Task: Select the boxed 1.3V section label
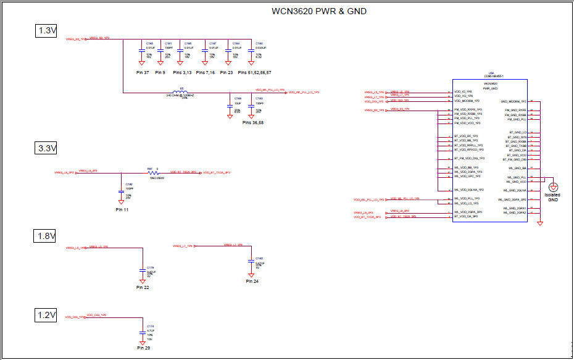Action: pyautogui.click(x=46, y=31)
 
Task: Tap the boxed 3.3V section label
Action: pyautogui.click(x=46, y=148)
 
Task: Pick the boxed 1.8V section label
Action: pyautogui.click(x=46, y=236)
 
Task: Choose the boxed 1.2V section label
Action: pyautogui.click(x=46, y=316)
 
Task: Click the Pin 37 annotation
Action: pyautogui.click(x=143, y=73)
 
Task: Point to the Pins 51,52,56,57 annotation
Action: pyautogui.click(x=255, y=73)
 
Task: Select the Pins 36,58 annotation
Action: pyautogui.click(x=253, y=123)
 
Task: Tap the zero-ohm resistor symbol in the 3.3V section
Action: pyautogui.click(x=152, y=173)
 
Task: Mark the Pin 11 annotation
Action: pyautogui.click(x=123, y=210)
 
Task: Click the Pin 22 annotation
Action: pyautogui.click(x=143, y=287)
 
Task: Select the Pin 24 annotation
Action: pyautogui.click(x=252, y=281)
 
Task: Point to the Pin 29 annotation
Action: pyautogui.click(x=143, y=348)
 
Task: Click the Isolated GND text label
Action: pyautogui.click(x=553, y=198)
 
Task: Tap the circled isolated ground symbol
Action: pyautogui.click(x=554, y=187)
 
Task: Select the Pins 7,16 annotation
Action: pyautogui.click(x=206, y=73)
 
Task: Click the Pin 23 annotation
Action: pyautogui.click(x=229, y=73)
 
